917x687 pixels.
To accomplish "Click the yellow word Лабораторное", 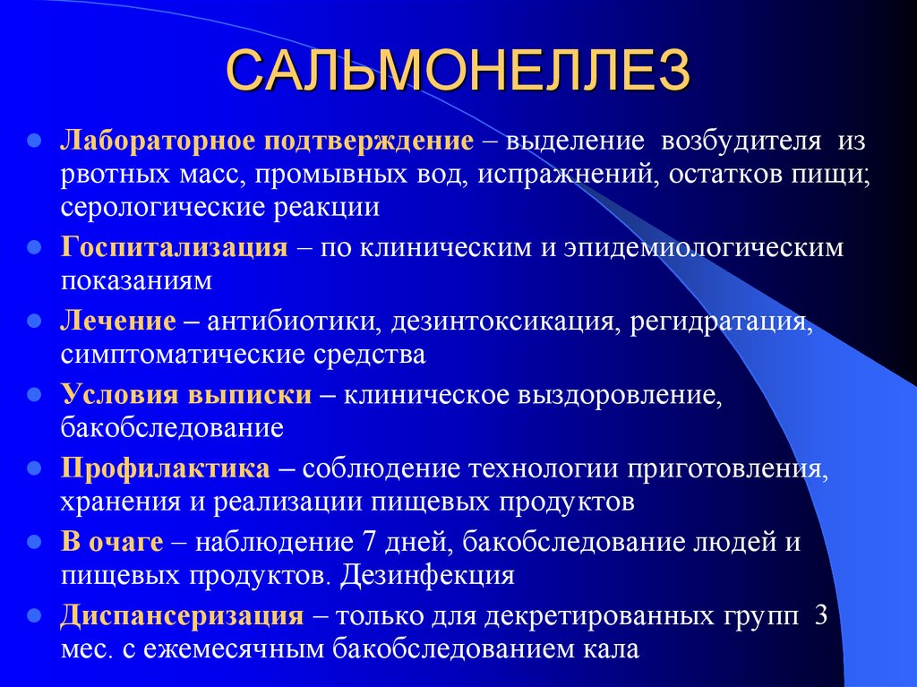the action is [159, 141].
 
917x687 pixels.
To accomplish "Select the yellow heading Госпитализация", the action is [175, 247].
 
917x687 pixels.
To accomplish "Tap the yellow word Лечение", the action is [118, 321].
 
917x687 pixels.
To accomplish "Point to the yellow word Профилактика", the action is [166, 468].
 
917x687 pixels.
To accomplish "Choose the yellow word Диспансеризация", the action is [183, 615].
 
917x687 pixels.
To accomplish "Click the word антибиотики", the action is [291, 321].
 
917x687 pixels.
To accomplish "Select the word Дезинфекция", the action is [427, 576].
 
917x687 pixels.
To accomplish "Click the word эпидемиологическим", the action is [704, 248].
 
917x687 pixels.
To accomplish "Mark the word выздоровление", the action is [620, 396].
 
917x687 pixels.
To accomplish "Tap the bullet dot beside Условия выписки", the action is [35, 394].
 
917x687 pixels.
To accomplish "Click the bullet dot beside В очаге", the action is [35, 542].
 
